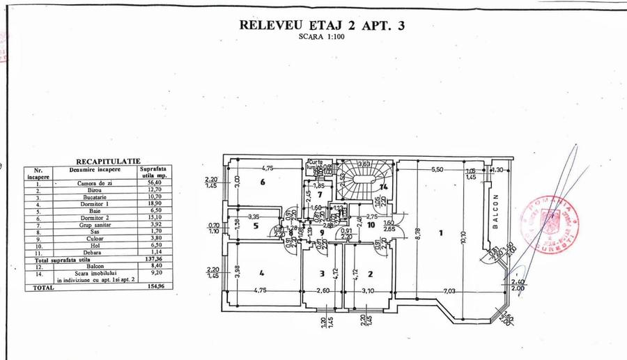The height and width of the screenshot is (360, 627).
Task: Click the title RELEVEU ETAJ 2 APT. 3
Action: [x=321, y=26]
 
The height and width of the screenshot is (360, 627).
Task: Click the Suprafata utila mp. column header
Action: [x=153, y=172]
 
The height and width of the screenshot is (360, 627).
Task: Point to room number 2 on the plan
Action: [x=371, y=274]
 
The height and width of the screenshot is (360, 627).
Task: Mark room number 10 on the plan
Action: [x=371, y=224]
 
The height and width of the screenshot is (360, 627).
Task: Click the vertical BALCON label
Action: [x=496, y=208]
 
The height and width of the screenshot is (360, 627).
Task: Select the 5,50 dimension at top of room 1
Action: [x=437, y=169]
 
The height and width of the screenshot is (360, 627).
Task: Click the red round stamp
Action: [x=551, y=224]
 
